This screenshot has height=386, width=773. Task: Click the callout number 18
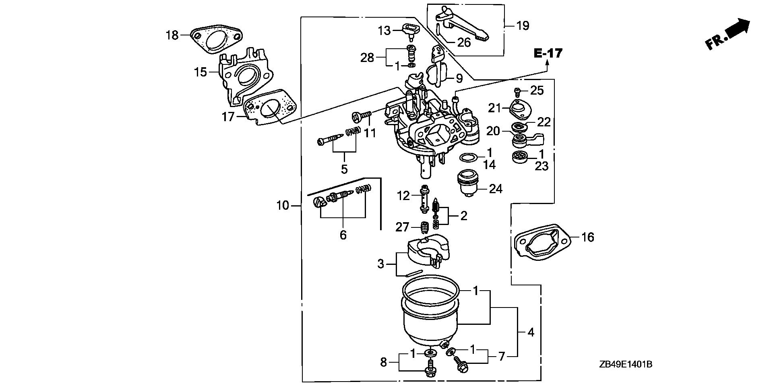pos(172,35)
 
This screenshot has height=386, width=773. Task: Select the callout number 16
pos(588,237)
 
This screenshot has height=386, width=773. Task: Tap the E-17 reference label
pos(548,53)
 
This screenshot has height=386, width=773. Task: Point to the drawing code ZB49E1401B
pos(625,365)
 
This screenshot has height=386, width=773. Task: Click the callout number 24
pos(496,189)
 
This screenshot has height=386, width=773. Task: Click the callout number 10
pos(283,206)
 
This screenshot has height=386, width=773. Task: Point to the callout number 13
pos(384,30)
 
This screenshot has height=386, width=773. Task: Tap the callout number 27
pos(402,227)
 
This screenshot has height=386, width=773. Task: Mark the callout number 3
pos(380,264)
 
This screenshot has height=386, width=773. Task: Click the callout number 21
pos(494,108)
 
